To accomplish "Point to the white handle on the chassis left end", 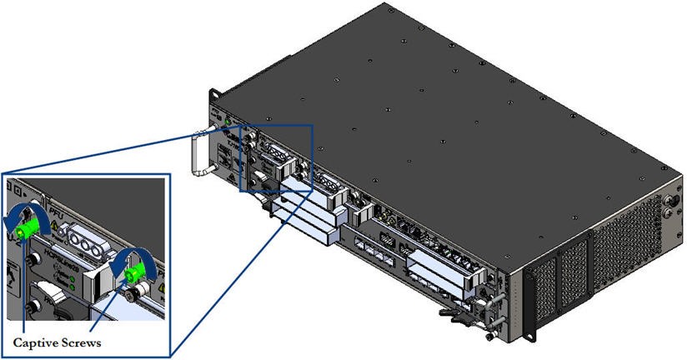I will click(197, 153).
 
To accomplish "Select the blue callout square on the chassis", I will click(277, 158).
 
